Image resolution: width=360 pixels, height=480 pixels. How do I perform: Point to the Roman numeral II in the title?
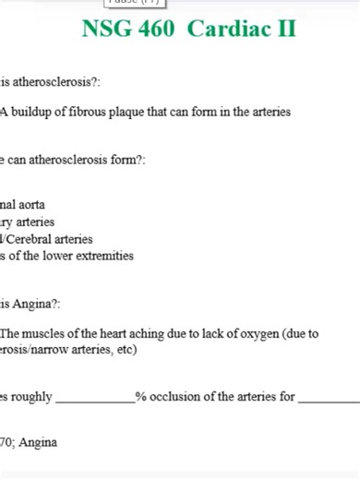[285, 29]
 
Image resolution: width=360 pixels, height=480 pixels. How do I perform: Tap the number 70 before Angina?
[6, 443]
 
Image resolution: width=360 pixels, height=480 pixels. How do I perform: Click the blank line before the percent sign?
[94, 401]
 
